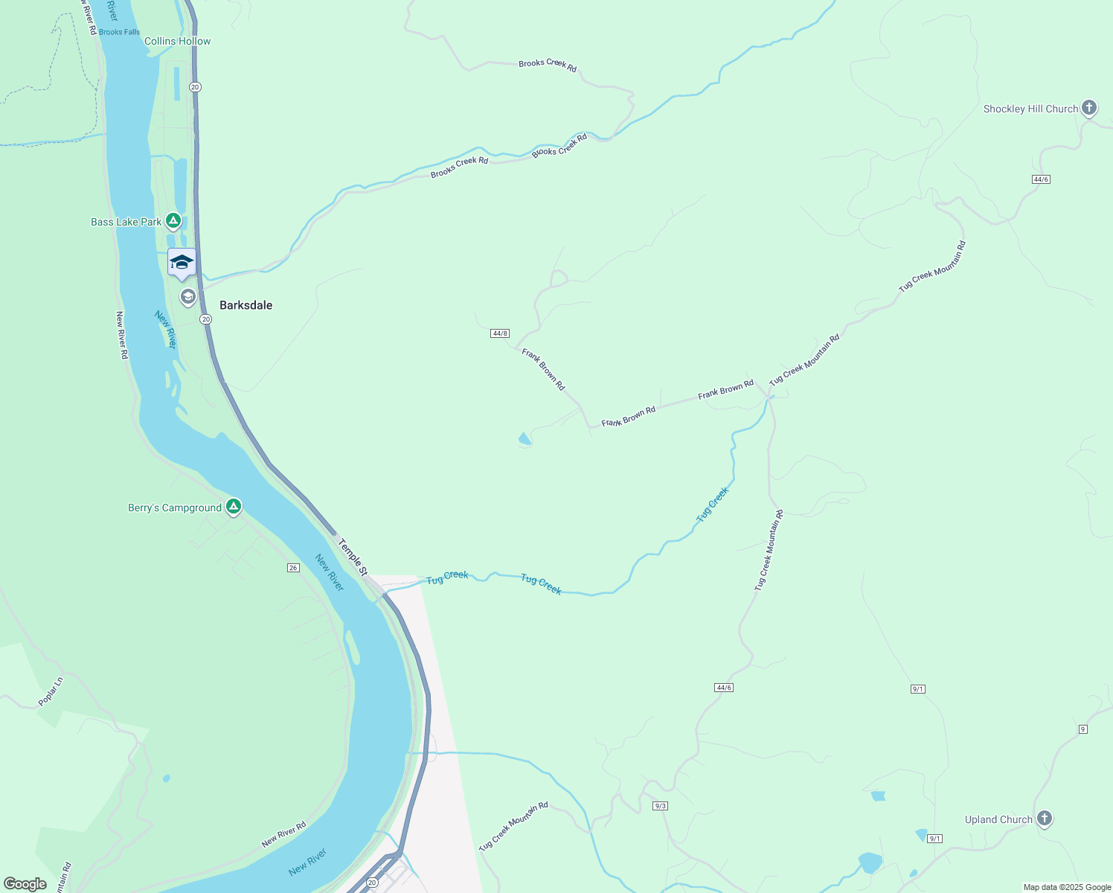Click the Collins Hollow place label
click(177, 41)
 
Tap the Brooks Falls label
click(119, 32)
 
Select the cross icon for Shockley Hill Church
click(1089, 108)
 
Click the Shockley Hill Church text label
click(1030, 109)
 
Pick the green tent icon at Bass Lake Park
click(173, 221)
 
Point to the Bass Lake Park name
click(126, 222)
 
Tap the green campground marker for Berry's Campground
click(234, 507)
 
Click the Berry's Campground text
click(175, 508)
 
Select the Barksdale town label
click(246, 305)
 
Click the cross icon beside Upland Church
click(1045, 819)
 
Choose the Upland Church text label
click(998, 819)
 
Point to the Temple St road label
click(352, 557)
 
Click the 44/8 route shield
click(500, 333)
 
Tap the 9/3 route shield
click(661, 806)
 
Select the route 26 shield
click(293, 568)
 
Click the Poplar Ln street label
click(51, 691)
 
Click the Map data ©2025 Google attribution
click(1067, 887)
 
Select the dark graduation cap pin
click(182, 263)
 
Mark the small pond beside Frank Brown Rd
click(525, 439)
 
